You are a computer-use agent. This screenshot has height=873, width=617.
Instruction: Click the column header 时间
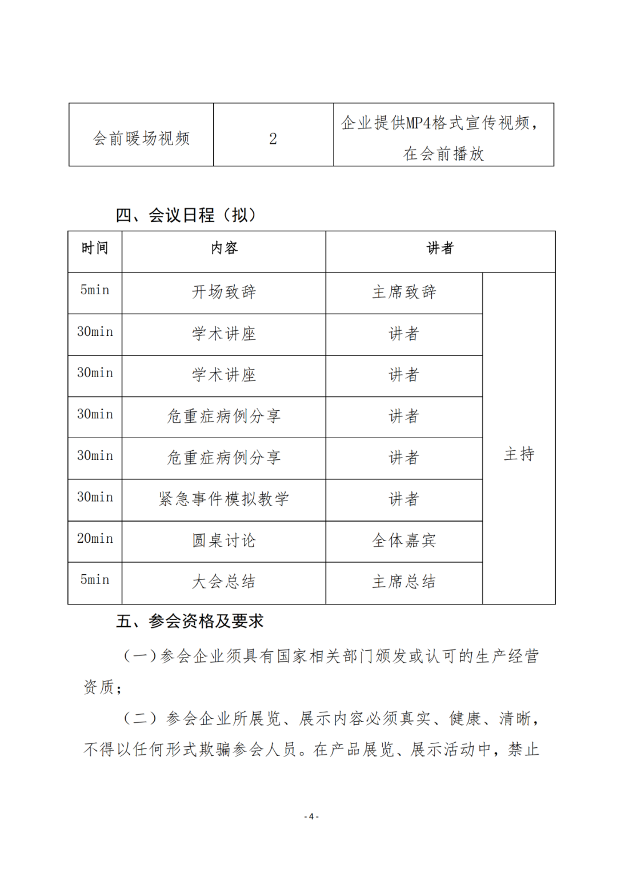95,249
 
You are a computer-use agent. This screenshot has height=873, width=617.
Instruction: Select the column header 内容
224,249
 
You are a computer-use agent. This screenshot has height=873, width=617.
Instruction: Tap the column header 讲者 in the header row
440,249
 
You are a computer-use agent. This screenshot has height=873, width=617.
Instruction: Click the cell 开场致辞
224,293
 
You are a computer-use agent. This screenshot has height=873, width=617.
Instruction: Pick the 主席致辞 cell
404,293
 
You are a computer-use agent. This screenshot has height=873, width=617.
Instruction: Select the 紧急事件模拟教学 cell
224,499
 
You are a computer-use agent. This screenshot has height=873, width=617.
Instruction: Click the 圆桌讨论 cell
224,540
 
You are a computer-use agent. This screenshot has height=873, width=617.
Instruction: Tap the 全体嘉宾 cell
404,540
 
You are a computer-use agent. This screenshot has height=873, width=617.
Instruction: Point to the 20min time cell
95,539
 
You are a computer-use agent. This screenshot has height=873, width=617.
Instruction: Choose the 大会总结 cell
224,582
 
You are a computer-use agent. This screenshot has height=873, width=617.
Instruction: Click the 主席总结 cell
404,582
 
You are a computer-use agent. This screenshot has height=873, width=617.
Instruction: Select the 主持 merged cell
519,455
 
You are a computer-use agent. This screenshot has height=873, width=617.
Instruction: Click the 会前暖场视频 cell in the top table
141,138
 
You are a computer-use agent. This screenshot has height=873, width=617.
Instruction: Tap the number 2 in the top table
273,139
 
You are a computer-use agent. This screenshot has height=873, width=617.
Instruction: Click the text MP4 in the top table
418,123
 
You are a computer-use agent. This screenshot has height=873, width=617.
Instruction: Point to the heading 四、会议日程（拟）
186,215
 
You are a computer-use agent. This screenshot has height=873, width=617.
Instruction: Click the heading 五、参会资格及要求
190,622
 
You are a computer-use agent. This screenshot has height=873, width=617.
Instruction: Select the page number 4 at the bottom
311,817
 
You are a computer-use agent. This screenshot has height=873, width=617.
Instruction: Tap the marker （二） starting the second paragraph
140,719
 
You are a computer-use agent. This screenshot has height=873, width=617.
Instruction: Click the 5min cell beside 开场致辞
95,290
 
